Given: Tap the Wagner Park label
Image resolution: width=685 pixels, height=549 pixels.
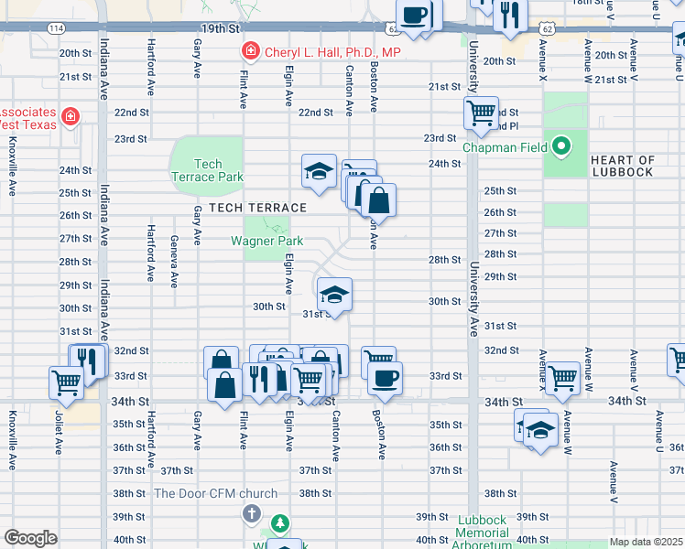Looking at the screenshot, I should coord(266,242).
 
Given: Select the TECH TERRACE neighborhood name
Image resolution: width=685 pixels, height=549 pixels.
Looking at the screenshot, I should coord(256,208).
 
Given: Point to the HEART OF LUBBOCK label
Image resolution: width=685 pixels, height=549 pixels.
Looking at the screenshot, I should coord(623,166).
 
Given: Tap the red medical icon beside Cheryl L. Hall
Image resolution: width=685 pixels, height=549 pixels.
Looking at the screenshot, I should coord(248,51).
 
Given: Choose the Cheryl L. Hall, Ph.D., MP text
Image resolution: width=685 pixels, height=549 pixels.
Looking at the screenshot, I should coord(333,52).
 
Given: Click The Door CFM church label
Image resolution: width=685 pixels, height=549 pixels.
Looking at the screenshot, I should coord(215,493).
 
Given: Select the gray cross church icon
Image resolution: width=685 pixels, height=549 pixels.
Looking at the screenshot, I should coord(251,513).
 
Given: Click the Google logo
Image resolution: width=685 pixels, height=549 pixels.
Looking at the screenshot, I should coord(31,538).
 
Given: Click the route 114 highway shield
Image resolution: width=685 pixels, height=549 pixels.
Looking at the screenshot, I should coord(56,28).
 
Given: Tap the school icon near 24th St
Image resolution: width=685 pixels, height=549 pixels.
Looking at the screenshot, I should coord(319,170).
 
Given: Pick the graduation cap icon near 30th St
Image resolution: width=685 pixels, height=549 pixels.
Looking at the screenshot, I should coord(335,295).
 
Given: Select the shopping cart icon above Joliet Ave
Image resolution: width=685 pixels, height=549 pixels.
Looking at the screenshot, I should coord(67,382).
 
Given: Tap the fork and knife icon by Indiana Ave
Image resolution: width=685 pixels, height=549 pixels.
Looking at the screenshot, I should coord(88,360).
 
